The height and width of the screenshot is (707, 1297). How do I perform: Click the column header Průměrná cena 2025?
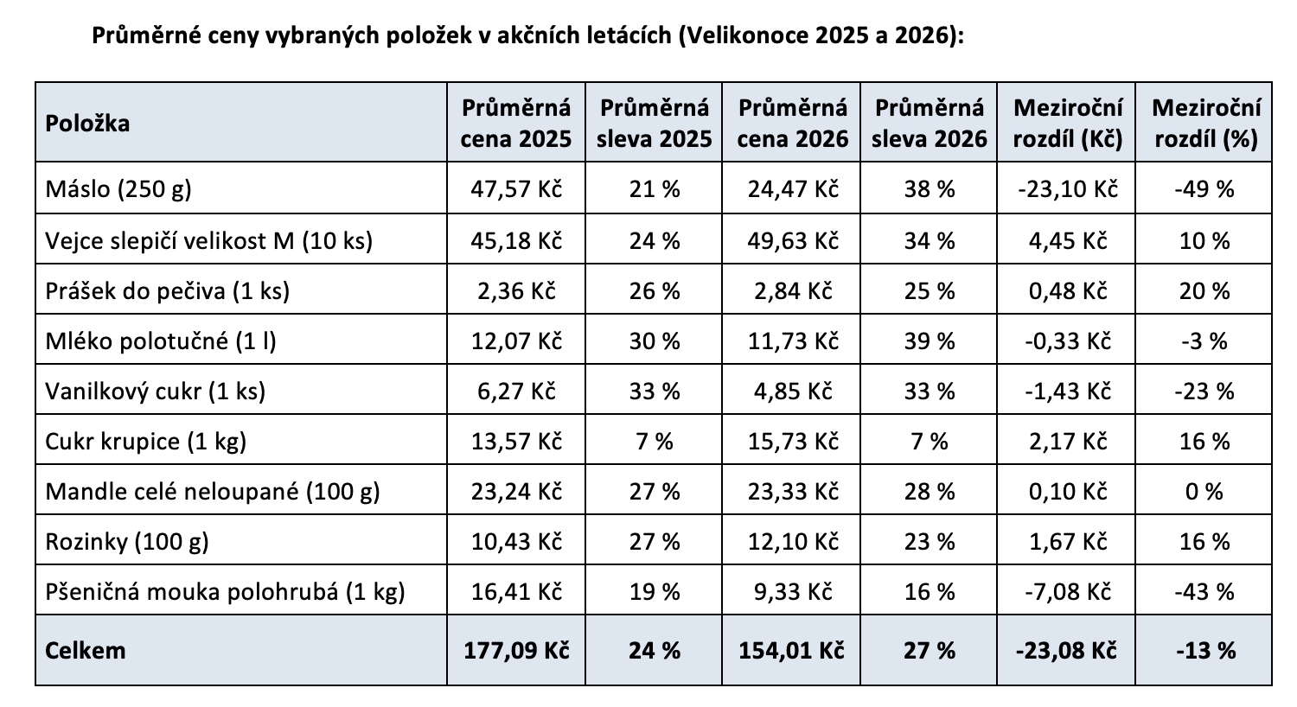[516, 123]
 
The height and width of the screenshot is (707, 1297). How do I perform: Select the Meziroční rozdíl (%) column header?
[1205, 123]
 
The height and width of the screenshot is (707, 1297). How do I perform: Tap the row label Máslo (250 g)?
[118, 188]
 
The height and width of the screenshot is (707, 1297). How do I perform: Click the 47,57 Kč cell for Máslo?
[516, 188]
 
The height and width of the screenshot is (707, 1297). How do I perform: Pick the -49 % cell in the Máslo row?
[1205, 188]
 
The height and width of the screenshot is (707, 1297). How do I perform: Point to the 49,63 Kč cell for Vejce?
[793, 239]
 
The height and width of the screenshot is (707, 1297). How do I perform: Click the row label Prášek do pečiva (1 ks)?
[167, 290]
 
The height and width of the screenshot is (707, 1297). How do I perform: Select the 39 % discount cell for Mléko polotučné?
[930, 341]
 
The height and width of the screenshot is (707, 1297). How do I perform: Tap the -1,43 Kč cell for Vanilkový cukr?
[1067, 391]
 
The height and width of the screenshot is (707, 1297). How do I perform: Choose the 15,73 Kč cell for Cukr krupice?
[793, 442]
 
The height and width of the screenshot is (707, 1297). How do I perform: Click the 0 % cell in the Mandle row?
[1205, 492]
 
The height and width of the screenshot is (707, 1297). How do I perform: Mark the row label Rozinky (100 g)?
[127, 542]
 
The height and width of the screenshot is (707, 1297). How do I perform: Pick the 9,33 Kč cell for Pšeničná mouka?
[793, 592]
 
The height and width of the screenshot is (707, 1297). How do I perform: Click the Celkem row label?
[85, 650]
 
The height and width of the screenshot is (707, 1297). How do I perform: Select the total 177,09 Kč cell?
[516, 650]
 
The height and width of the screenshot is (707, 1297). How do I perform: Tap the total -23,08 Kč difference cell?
[1067, 650]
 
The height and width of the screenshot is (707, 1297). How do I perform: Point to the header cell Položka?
[87, 123]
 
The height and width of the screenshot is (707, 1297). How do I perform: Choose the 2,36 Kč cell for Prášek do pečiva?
[516, 290]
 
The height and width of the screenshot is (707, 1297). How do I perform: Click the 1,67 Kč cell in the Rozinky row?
[1067, 542]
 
